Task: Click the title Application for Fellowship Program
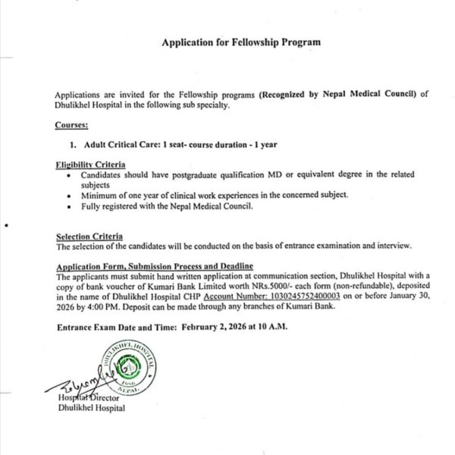coord(240,43)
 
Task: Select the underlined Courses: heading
coord(71,124)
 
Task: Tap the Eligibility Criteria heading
coord(91,165)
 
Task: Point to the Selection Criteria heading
coord(89,237)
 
